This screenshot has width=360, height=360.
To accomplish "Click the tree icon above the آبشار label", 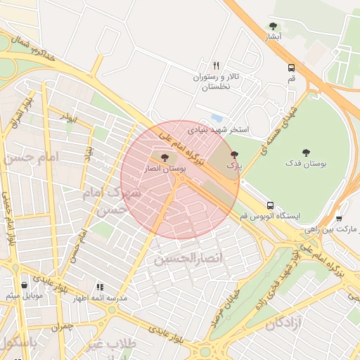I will (x=274, y=26).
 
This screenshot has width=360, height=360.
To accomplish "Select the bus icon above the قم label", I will (x=291, y=68).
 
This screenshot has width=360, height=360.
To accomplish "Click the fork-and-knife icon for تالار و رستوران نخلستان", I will (x=216, y=65).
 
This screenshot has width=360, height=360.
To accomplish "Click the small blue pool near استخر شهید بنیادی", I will (x=217, y=118).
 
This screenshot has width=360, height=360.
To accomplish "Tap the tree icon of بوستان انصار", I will (x=165, y=158).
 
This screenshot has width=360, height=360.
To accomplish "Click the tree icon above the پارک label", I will (x=234, y=154).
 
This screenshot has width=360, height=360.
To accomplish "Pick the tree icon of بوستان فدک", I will (x=306, y=153).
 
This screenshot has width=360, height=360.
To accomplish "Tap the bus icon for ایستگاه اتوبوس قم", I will (x=270, y=205).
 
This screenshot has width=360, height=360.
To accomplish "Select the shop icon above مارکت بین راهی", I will (x=339, y=219).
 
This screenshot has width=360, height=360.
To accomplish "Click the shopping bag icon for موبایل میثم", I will (x=25, y=285).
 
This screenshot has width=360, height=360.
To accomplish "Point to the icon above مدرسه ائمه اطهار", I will (x=100, y=287).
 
